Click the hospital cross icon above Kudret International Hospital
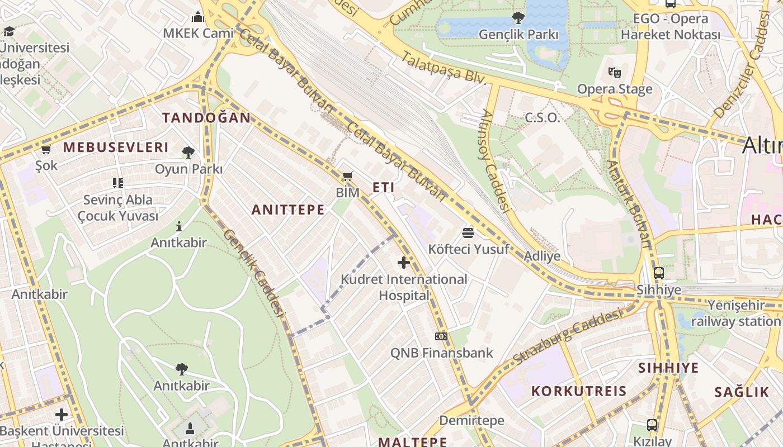(x=403, y=262)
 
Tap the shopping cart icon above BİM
(x=347, y=177)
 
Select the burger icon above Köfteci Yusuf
(x=468, y=232)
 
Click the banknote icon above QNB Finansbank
(x=441, y=336)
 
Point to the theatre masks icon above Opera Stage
(x=615, y=72)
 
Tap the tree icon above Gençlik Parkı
(x=518, y=18)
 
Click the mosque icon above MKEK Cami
(x=198, y=17)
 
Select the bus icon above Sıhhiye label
(x=659, y=273)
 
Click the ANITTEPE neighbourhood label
(x=287, y=210)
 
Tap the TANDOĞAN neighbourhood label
(x=206, y=117)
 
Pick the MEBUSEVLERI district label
(x=115, y=147)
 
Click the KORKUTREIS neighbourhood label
(x=579, y=391)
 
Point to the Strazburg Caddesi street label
(x=567, y=337)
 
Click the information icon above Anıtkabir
(x=179, y=226)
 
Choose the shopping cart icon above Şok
(x=46, y=149)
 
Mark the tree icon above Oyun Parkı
(x=188, y=151)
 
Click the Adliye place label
(x=542, y=256)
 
